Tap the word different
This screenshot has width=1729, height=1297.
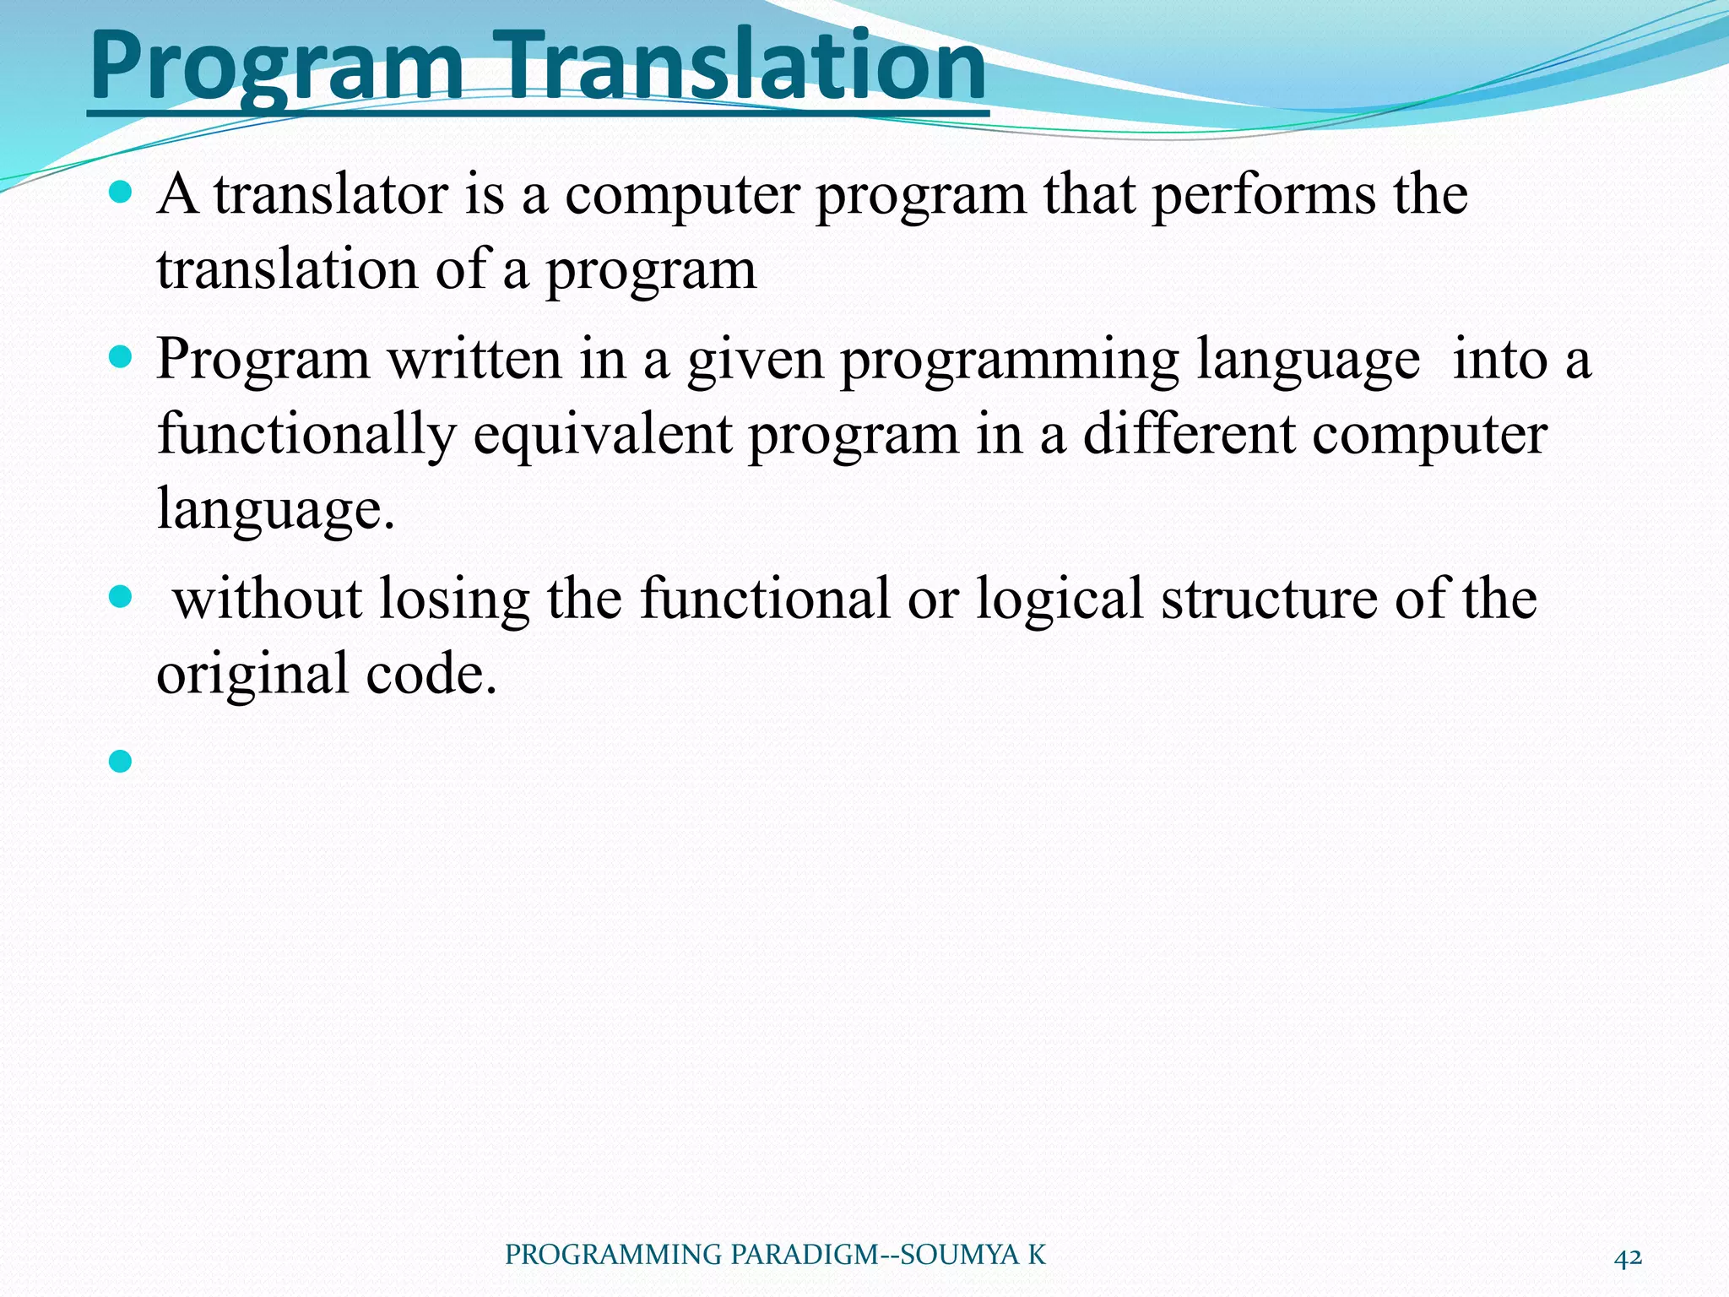click(1189, 434)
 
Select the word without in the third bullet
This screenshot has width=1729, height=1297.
click(268, 599)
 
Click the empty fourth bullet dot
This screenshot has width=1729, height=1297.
click(121, 762)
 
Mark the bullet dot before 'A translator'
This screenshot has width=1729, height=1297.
click(121, 193)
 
